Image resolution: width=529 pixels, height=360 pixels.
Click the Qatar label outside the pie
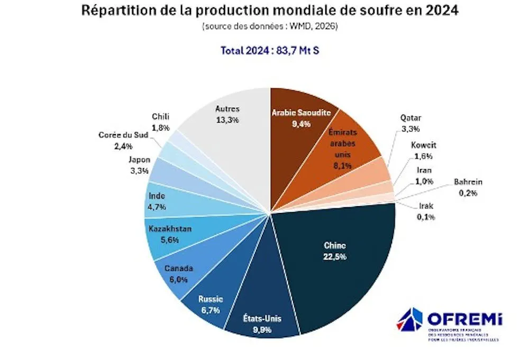(411, 122)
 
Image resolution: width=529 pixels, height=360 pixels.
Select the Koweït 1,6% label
(423, 150)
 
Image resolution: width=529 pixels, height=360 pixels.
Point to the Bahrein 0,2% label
(468, 188)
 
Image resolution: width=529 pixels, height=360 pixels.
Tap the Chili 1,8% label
(160, 122)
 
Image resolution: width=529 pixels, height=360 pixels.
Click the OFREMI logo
(450, 325)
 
